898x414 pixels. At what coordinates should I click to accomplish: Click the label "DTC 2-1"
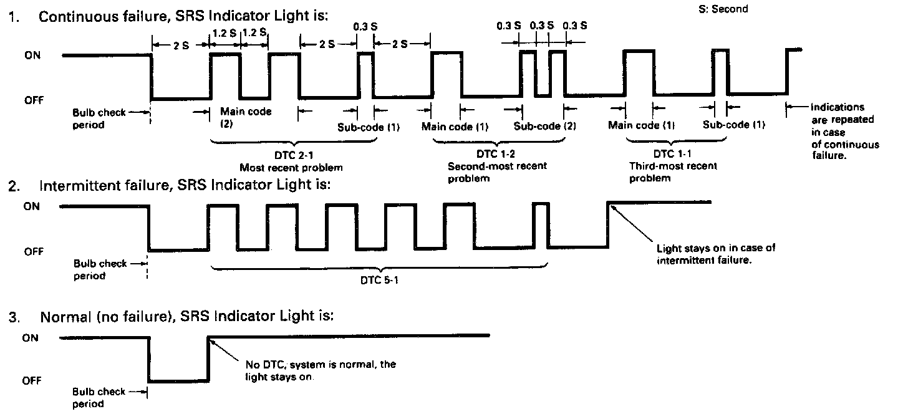tap(291, 155)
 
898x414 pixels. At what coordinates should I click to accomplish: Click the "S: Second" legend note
tap(722, 9)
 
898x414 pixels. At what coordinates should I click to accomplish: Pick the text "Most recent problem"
tap(291, 168)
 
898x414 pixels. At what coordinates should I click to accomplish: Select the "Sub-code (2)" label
tap(544, 126)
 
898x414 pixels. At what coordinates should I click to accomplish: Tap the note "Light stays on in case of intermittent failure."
tap(716, 254)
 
